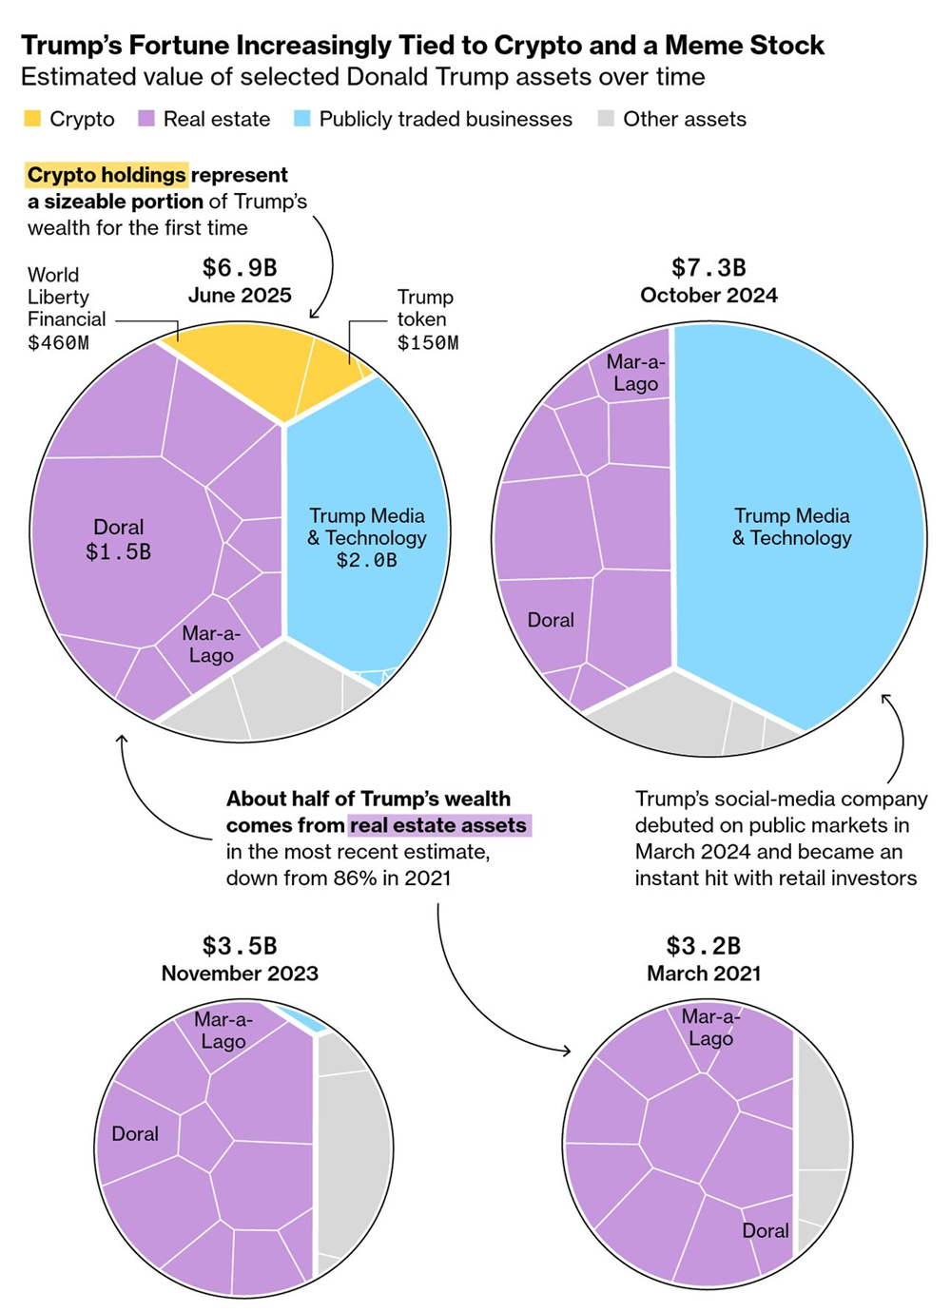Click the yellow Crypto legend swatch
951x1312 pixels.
pos(32,119)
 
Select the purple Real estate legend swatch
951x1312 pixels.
pos(146,119)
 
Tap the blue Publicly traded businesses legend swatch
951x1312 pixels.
pos(302,119)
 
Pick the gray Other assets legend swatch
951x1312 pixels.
pos(606,119)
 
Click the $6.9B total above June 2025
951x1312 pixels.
pos(240,268)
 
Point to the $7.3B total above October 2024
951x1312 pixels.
pos(708,268)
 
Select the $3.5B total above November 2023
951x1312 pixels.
pos(240,946)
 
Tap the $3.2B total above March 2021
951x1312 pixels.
pos(704,946)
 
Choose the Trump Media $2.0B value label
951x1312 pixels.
pos(366,560)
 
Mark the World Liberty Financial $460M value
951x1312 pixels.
pos(58,342)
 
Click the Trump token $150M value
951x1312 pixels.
pos(428,342)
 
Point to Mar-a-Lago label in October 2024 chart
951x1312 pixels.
pos(635,373)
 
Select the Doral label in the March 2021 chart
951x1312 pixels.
pos(766,1230)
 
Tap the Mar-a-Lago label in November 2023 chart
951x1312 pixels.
pos(223,1031)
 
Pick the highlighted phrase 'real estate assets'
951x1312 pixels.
pos(438,825)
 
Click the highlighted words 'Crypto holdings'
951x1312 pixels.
pos(107,175)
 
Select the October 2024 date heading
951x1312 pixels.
pos(708,295)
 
